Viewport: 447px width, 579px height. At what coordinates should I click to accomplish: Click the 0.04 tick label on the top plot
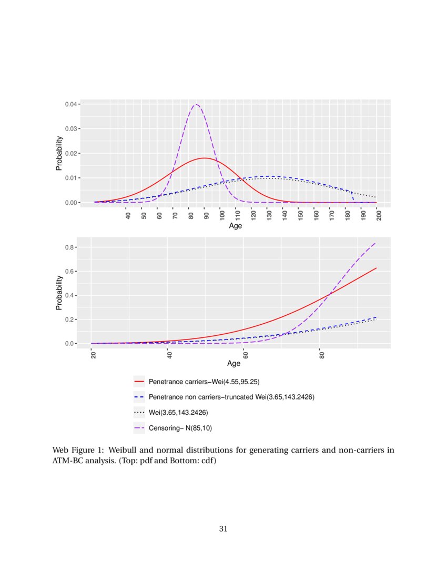[x=72, y=104]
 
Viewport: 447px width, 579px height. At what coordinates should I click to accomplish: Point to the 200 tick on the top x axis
[x=380, y=215]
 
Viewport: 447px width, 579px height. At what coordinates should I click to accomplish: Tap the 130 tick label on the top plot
[x=269, y=215]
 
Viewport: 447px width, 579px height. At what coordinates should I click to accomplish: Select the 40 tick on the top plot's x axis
[x=128, y=214]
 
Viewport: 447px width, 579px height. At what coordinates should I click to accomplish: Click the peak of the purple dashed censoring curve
[x=196, y=105]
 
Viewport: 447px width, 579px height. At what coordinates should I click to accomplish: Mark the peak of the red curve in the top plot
[x=204, y=158]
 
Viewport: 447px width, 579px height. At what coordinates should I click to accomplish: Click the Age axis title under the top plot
[x=235, y=226]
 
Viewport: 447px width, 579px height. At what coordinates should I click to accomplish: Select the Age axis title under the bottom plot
[x=234, y=364]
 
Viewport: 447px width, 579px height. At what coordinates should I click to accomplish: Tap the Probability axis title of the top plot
[x=59, y=153]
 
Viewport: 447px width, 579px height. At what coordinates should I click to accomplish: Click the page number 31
[x=223, y=528]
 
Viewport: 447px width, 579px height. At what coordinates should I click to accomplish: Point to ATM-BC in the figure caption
[x=67, y=461]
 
